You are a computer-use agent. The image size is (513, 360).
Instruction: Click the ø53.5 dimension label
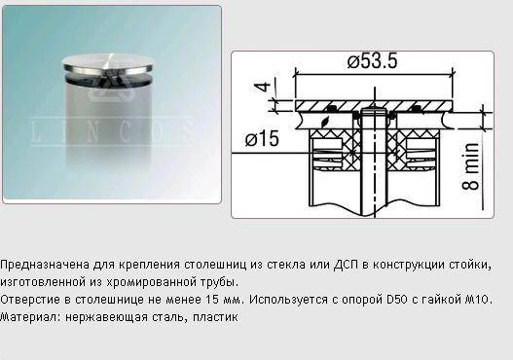click(372, 61)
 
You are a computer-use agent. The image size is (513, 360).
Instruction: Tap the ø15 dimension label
click(262, 138)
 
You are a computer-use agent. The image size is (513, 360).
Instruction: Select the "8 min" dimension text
click(470, 166)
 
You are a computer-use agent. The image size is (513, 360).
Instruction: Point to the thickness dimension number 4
click(263, 87)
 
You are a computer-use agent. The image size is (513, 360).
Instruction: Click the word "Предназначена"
click(45, 265)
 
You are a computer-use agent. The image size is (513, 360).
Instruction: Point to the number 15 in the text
click(212, 299)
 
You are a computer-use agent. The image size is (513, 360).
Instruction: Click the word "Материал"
click(30, 317)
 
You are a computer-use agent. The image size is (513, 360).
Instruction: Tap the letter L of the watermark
click(37, 132)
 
